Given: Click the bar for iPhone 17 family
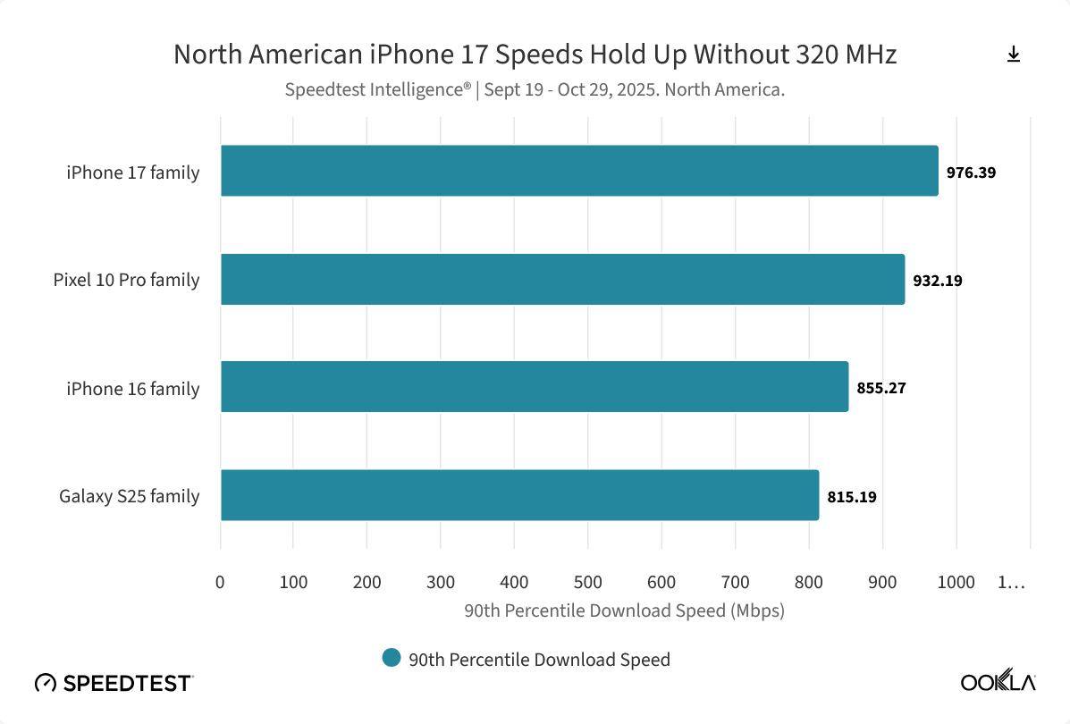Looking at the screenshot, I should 579,171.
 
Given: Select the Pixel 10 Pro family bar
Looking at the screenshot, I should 562,279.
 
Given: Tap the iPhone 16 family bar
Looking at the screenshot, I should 535,387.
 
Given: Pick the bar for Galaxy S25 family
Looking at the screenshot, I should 519,495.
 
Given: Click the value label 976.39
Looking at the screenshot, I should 971,173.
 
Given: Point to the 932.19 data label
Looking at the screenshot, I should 938,281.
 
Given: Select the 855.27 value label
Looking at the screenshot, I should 881,389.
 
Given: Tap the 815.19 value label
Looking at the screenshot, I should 852,497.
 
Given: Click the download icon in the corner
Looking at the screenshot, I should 1014,55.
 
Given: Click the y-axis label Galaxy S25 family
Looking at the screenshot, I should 130,496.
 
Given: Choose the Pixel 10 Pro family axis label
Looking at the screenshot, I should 126,280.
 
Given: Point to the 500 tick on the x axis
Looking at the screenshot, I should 588,583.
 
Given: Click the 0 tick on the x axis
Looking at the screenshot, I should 221,583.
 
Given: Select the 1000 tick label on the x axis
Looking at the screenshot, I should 956,583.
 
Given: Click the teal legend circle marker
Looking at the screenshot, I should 391,658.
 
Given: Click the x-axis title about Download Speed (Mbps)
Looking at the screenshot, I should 624,611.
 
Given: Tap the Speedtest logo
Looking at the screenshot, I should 114,683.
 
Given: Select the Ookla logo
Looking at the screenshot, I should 998,682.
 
